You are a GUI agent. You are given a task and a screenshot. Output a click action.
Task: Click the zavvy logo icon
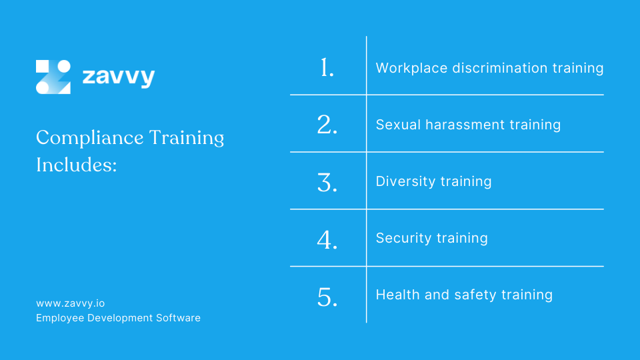pyautogui.click(x=53, y=77)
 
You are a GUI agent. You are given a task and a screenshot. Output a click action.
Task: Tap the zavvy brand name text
pyautogui.click(x=118, y=77)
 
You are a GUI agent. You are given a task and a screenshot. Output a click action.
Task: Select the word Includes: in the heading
pyautogui.click(x=76, y=165)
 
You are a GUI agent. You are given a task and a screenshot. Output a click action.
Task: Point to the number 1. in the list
pyautogui.click(x=327, y=67)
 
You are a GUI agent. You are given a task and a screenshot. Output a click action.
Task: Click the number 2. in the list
pyautogui.click(x=327, y=125)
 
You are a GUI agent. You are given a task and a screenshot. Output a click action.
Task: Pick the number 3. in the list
pyautogui.click(x=327, y=181)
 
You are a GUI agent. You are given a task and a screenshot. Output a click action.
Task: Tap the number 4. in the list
pyautogui.click(x=327, y=239)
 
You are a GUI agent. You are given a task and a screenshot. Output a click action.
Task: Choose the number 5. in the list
pyautogui.click(x=327, y=296)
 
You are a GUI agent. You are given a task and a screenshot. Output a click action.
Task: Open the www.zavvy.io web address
pyautogui.click(x=70, y=303)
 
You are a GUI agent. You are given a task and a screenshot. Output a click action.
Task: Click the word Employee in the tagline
pyautogui.click(x=61, y=318)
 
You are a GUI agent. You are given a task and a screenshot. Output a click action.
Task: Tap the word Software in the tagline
pyautogui.click(x=178, y=318)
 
